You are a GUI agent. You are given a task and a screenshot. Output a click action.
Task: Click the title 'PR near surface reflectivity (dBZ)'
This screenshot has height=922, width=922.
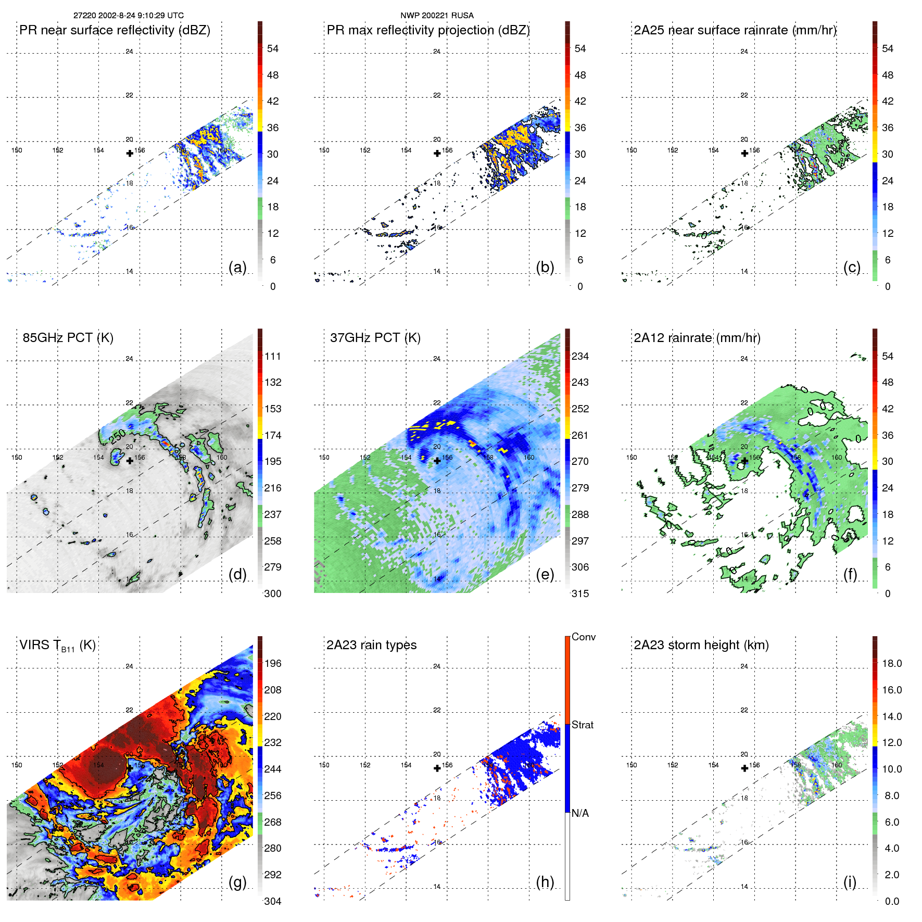[x=115, y=30]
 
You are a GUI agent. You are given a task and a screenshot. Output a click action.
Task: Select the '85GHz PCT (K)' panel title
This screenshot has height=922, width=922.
[x=68, y=338]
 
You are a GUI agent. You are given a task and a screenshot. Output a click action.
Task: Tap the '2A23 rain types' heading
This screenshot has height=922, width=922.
[x=371, y=645]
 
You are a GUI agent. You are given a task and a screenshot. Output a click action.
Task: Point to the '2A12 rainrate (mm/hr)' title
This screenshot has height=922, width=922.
[x=697, y=338]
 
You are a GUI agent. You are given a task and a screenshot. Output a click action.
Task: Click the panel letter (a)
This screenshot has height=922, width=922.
[x=237, y=267]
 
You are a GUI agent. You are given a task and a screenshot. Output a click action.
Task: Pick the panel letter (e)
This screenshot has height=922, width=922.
[x=545, y=574]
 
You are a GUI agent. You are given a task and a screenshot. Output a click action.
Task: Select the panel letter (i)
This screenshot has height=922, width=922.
[x=850, y=882]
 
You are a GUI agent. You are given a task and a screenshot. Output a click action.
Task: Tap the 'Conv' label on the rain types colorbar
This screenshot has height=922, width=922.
[x=583, y=637]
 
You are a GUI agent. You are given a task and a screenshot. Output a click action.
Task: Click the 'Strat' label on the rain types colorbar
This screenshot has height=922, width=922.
[x=582, y=725]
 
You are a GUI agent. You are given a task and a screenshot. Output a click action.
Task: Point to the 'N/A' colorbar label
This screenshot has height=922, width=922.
[x=580, y=813]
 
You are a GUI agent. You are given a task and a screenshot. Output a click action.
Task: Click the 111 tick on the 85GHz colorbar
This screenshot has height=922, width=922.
[x=272, y=356]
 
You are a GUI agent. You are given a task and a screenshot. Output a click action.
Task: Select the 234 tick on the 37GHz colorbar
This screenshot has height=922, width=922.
[x=580, y=356]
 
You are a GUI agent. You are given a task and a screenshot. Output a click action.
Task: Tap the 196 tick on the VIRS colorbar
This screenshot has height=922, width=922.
[x=272, y=663]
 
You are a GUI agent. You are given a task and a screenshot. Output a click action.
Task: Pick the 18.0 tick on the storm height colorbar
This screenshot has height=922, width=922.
[x=891, y=663]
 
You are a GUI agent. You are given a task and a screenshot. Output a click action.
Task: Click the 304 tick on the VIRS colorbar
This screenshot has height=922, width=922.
[x=272, y=901]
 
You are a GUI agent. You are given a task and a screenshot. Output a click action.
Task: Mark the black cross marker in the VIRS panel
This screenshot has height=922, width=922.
[x=130, y=768]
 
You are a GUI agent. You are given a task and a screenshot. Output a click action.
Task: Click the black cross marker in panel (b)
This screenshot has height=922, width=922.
[x=437, y=153]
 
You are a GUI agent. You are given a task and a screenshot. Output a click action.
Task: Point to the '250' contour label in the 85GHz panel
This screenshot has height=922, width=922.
[x=118, y=436]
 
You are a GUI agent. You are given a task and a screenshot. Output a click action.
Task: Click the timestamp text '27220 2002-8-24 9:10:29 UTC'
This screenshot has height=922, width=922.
[x=128, y=16]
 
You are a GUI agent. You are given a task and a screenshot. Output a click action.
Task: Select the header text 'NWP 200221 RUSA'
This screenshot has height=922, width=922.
[x=437, y=16]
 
